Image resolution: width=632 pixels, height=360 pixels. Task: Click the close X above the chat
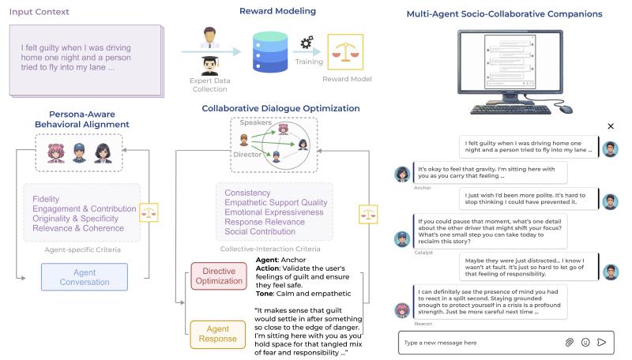[x=610, y=126]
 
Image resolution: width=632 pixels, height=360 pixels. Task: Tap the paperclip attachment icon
[x=569, y=343]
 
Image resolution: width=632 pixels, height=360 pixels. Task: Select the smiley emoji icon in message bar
[x=585, y=343]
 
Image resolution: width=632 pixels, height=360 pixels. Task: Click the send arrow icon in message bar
[x=602, y=343]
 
